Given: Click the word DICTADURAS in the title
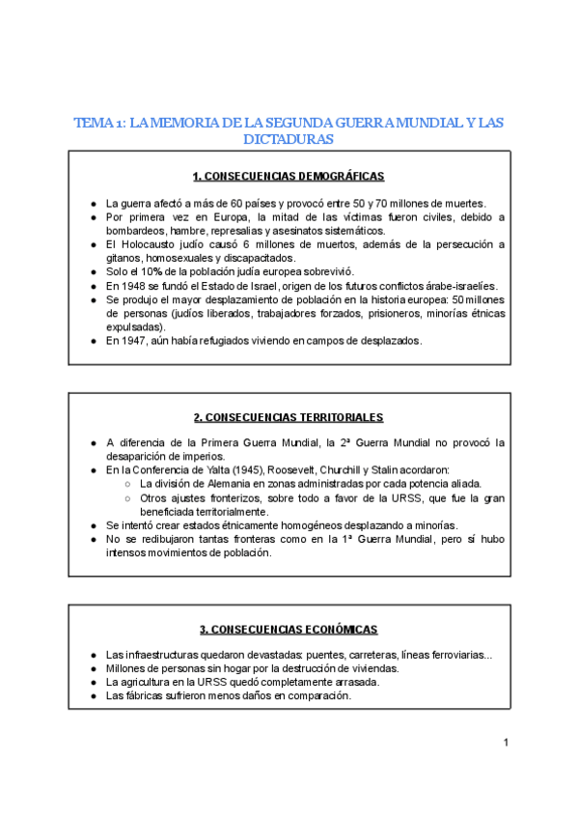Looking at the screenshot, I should pos(289,140).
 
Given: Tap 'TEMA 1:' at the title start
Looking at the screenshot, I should pos(99,123).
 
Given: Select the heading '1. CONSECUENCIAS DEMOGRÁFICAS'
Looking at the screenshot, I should pos(289,177).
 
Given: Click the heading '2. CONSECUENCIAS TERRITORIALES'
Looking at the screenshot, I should pos(289,417).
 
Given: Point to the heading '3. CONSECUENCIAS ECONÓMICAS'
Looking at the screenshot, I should pos(289,630).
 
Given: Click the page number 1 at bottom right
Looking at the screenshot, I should pos(505,743).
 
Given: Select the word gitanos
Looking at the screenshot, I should pos(124,259).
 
